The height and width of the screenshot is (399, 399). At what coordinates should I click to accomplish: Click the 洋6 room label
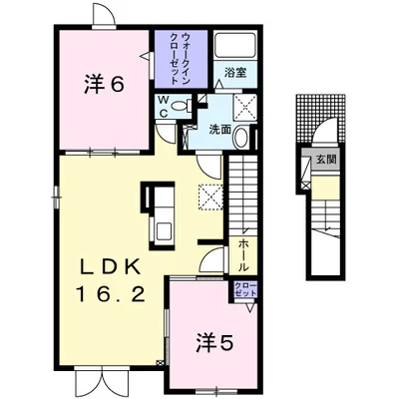tap(104, 84)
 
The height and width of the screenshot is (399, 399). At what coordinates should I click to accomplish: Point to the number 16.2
tap(111, 294)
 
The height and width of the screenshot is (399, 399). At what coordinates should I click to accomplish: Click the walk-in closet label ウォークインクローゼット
tap(182, 58)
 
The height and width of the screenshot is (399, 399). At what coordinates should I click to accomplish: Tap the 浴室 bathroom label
tap(235, 73)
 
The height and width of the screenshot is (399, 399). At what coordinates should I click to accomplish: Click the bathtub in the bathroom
tap(235, 46)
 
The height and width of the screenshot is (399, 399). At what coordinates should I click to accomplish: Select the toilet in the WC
tap(182, 106)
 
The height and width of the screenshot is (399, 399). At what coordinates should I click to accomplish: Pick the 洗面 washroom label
tap(219, 130)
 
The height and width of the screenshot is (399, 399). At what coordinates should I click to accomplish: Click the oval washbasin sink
tap(241, 138)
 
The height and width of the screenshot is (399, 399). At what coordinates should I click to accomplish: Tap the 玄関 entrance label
tap(325, 160)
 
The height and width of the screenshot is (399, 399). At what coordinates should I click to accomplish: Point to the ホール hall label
tap(243, 256)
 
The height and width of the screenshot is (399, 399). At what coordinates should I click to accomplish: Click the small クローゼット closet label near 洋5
tap(245, 289)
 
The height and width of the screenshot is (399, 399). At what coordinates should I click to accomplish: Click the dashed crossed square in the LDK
tap(210, 198)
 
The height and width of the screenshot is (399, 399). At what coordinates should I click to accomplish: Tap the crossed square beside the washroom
tap(245, 108)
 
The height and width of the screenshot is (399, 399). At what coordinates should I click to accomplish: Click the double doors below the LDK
tap(102, 380)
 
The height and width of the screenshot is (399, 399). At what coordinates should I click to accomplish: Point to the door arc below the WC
tap(166, 133)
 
